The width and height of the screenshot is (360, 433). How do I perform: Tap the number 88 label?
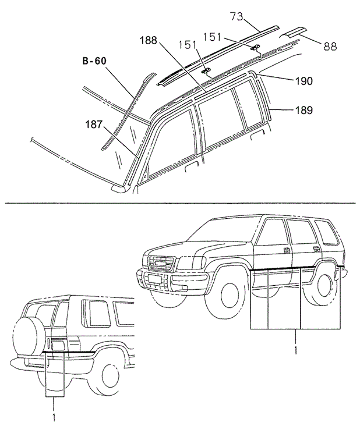tap(330, 45)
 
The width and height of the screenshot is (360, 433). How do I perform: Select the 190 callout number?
tap(303, 81)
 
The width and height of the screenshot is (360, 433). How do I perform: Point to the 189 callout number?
tap(303, 109)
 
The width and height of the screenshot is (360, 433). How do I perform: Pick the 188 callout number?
tap(149, 41)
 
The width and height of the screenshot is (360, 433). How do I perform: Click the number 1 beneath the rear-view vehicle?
tap(54, 417)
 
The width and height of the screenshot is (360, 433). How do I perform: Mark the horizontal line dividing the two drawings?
tap(180, 203)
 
